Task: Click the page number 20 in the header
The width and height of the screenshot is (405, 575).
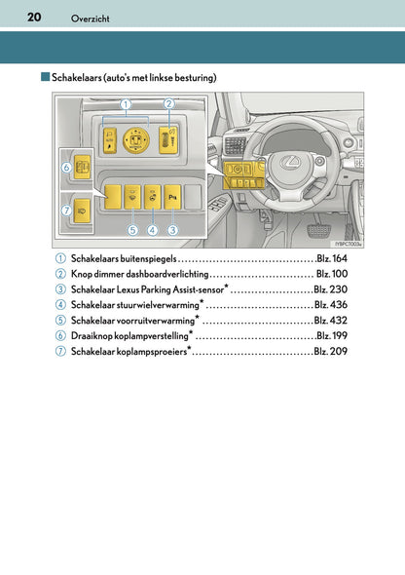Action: click(34, 17)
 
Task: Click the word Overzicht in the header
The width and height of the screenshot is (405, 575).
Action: click(91, 19)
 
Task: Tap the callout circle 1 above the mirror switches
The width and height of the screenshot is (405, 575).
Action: click(126, 104)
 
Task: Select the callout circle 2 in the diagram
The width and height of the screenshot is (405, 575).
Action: click(168, 104)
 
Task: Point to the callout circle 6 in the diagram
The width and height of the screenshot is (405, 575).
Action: click(66, 168)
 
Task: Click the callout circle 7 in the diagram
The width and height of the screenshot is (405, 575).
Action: click(66, 211)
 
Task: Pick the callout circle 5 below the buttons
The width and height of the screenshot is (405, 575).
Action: click(132, 230)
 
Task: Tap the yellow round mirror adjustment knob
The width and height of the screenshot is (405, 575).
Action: click(136, 140)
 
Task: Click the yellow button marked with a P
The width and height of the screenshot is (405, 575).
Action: click(172, 197)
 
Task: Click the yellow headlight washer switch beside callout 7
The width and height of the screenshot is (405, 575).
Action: click(82, 211)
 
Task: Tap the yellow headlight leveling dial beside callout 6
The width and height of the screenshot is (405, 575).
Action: click(82, 168)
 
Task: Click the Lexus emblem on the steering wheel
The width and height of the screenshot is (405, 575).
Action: click(290, 163)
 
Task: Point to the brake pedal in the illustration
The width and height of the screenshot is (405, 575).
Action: click(318, 231)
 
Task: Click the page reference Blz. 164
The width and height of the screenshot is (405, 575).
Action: click(332, 258)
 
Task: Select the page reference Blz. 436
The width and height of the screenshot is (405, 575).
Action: click(331, 305)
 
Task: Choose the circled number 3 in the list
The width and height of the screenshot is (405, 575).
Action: click(60, 289)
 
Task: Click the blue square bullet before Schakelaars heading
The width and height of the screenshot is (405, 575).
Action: click(46, 77)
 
